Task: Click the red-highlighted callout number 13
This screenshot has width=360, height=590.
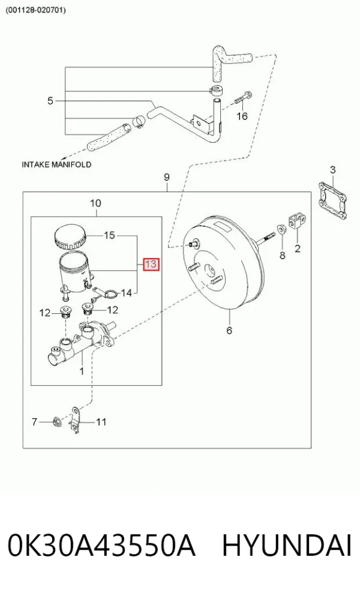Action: coord(151,264)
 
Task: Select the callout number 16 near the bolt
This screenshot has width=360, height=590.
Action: coord(242,116)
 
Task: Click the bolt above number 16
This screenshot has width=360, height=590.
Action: coord(244,97)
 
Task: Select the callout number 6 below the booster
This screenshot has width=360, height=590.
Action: coord(229,330)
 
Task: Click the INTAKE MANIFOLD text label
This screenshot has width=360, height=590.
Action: coord(56,164)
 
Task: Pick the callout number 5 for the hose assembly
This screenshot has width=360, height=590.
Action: coord(50,101)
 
